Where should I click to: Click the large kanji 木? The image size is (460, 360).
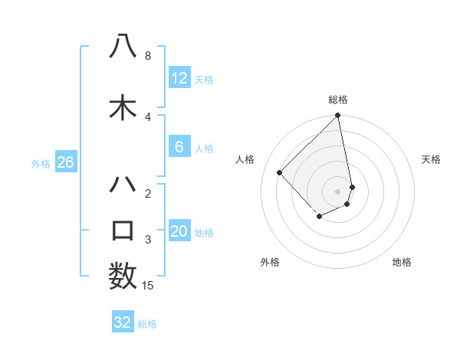(x=123, y=107)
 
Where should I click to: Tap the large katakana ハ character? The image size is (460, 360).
(x=123, y=185)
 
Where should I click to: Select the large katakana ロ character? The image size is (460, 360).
(x=123, y=230)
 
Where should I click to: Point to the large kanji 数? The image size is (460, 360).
(x=123, y=276)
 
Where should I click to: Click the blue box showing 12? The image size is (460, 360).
(x=179, y=78)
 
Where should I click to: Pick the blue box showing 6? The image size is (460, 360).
(x=179, y=147)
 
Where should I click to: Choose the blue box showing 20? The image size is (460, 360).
(x=179, y=232)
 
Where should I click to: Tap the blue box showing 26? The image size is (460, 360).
(x=65, y=162)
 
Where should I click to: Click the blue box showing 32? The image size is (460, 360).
(x=123, y=322)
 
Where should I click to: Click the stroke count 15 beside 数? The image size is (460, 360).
(x=149, y=286)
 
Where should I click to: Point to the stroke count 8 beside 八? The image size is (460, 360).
(x=147, y=56)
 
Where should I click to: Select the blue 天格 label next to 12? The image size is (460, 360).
(x=204, y=79)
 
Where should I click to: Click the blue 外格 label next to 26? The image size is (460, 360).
(x=41, y=163)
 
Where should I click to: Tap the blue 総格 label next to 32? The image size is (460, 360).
(x=147, y=324)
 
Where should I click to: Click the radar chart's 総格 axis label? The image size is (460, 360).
(x=338, y=100)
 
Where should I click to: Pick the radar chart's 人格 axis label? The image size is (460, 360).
(x=245, y=159)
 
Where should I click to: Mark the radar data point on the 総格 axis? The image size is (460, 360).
(x=338, y=116)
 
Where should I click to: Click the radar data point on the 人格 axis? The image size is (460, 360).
(x=280, y=172)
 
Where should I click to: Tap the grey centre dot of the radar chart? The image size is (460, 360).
(x=338, y=191)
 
